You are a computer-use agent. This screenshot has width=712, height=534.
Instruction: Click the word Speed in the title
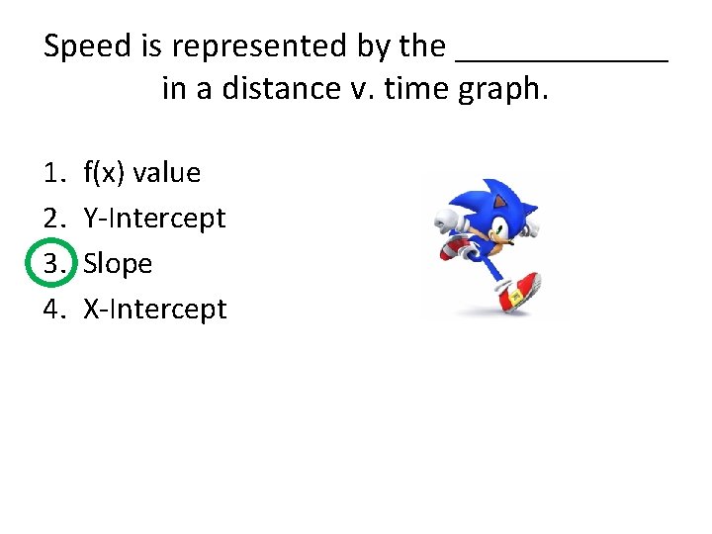[x=87, y=46]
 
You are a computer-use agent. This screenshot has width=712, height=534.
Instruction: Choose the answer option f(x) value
[x=141, y=173]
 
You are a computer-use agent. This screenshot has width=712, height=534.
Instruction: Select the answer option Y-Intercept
[x=154, y=219]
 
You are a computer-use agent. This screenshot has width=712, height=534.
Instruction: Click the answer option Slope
[x=118, y=264]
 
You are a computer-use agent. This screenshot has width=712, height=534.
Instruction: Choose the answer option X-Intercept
[x=154, y=310]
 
